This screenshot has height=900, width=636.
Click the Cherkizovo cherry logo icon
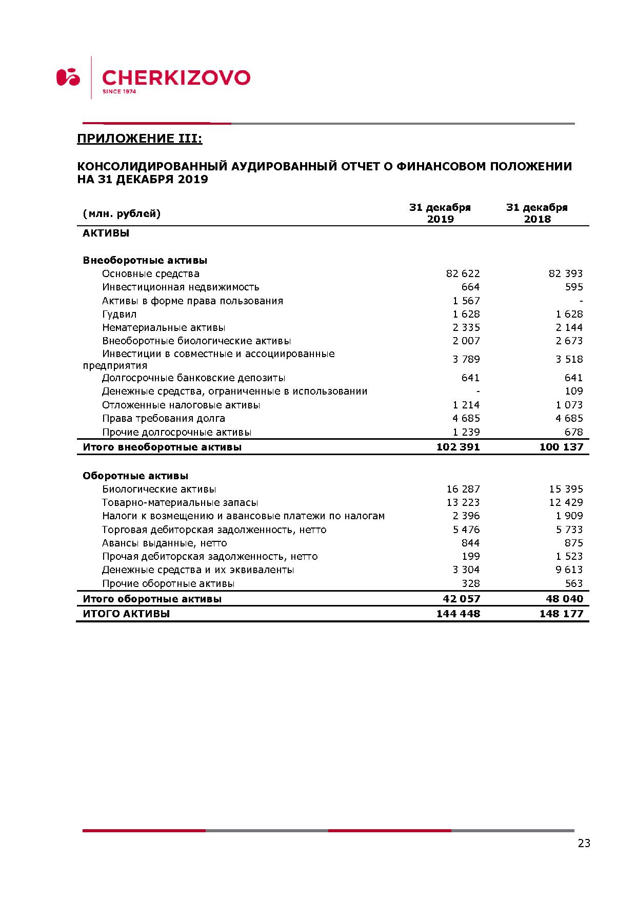pyautogui.click(x=68, y=77)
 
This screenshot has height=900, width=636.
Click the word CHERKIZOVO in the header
pyautogui.click(x=176, y=78)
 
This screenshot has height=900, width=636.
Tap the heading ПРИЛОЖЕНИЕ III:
pyautogui.click(x=140, y=139)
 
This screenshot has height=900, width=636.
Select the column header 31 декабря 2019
pyautogui.click(x=440, y=213)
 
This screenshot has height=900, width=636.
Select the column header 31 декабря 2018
pyautogui.click(x=537, y=213)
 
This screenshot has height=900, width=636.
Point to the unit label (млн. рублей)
pyautogui.click(x=122, y=213)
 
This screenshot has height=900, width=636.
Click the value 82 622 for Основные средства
pyautogui.click(x=463, y=273)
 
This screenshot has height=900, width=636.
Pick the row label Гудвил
pyautogui.click(x=120, y=314)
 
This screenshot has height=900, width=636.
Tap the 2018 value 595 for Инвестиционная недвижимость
pyautogui.click(x=573, y=287)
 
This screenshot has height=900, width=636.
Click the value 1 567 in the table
pyautogui.click(x=466, y=301)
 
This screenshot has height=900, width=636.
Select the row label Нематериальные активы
pyautogui.click(x=164, y=327)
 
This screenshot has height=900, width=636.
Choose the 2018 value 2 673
pyautogui.click(x=569, y=341)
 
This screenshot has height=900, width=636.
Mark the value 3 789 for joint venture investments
pyautogui.click(x=466, y=359)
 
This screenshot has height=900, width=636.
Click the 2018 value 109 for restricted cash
pyautogui.click(x=573, y=391)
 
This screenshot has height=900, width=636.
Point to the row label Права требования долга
pyautogui.click(x=164, y=418)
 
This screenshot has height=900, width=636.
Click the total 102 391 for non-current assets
pyautogui.click(x=458, y=447)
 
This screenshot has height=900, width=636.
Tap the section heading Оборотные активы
pyautogui.click(x=135, y=476)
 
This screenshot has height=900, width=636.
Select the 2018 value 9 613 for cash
pyautogui.click(x=569, y=570)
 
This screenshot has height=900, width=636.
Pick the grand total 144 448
pyautogui.click(x=458, y=614)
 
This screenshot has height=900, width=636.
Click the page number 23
pyautogui.click(x=584, y=843)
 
